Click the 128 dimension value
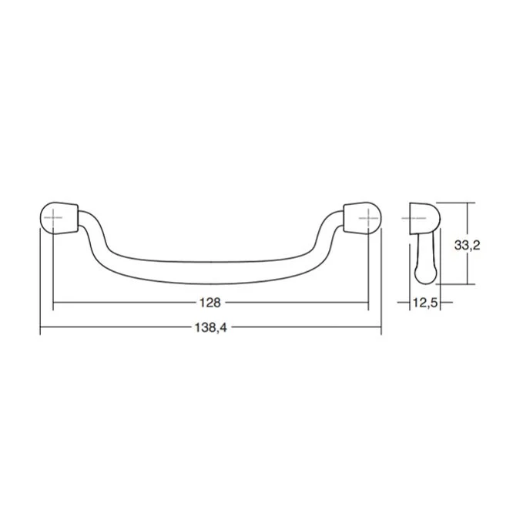coord(210,303)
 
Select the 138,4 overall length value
coord(211,327)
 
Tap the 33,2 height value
coord(467,246)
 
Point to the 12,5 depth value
coord(425,303)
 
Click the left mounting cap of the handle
coord(59,218)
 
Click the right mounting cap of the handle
coord(362,218)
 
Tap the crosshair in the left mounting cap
coord(53,218)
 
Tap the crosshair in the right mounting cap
coord(368,218)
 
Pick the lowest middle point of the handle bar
coord(210,284)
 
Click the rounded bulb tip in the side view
coord(426,275)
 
